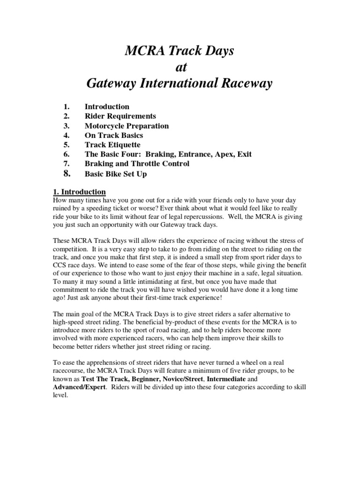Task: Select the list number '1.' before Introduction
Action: pos(66,107)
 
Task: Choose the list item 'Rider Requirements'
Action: pos(120,116)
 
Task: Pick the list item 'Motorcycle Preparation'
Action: pos(127,126)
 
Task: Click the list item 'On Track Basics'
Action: pos(114,135)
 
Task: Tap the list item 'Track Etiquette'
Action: pos(112,145)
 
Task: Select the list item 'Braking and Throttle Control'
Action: pos(137,164)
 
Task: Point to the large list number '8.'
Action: pos(67,173)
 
